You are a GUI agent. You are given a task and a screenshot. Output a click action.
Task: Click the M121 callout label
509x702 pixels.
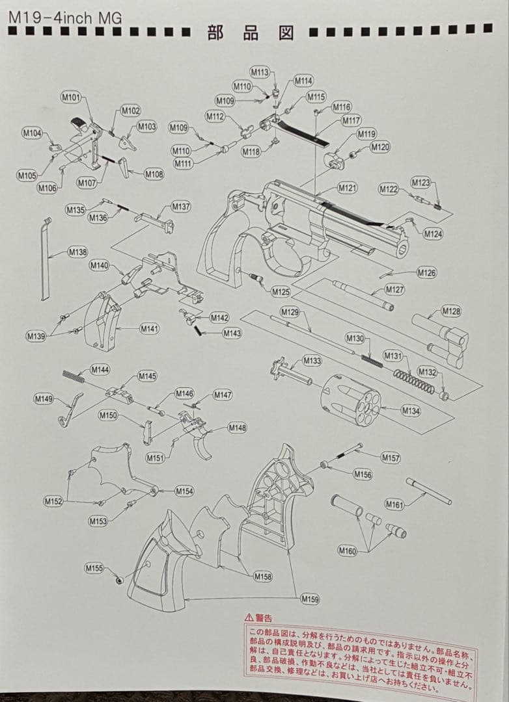pos(347,188)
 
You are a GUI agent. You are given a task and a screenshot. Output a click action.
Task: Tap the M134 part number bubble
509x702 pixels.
pos(411,410)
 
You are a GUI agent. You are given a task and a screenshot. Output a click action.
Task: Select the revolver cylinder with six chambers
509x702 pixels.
pos(351,398)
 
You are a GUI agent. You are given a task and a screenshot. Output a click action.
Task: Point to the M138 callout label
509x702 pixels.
pos(77,252)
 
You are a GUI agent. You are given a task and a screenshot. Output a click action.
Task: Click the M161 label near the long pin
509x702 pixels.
pos(394,504)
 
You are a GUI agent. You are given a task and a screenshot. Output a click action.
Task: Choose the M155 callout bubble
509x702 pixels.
pos(94,568)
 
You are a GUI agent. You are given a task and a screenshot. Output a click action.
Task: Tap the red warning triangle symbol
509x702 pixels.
pos(249,617)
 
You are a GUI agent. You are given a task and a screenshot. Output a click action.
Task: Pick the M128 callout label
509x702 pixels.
pos(451,311)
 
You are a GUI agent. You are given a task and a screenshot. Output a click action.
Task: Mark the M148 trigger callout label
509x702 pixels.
pos(237,427)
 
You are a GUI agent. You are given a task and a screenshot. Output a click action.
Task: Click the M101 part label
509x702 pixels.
pos(71,97)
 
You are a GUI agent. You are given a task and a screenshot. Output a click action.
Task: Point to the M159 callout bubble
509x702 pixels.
pos(310,599)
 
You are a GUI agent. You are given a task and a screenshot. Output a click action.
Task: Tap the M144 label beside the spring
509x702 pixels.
pos(100,369)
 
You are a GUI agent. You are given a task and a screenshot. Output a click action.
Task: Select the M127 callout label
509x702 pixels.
pos(394,289)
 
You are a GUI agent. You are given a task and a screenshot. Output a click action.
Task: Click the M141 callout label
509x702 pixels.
pos(149,329)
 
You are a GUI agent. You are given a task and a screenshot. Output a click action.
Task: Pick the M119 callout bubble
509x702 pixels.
pos(366,134)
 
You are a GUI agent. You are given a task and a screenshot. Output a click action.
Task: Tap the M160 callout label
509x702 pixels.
pos(348,551)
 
